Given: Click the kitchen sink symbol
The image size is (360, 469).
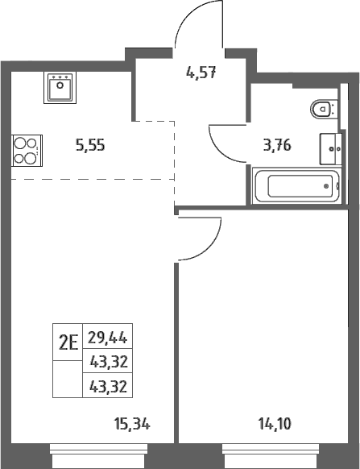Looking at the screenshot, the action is pyautogui.click(x=60, y=88).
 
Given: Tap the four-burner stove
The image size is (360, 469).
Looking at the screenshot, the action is pyautogui.click(x=27, y=151).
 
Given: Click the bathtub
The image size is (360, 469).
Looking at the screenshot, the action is pyautogui.click(x=297, y=185).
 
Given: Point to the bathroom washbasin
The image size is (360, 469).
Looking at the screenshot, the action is pyautogui.click(x=331, y=148).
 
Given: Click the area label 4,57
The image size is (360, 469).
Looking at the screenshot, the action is pyautogui.click(x=201, y=73).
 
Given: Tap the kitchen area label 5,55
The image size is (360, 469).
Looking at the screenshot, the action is pyautogui.click(x=90, y=145).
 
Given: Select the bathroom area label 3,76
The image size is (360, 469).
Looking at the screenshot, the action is pyautogui.click(x=277, y=146).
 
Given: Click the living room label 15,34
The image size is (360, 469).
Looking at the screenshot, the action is pyautogui.click(x=132, y=424).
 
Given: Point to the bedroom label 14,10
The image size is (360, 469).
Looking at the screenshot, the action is pyautogui.click(x=275, y=424).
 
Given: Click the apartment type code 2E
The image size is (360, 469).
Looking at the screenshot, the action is pyautogui.click(x=68, y=342).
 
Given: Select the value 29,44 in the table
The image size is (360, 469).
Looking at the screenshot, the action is pyautogui.click(x=108, y=338).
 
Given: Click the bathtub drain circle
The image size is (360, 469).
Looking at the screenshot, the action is pyautogui.click(x=326, y=186).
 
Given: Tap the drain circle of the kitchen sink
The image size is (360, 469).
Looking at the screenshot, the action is pyautogui.click(x=60, y=85).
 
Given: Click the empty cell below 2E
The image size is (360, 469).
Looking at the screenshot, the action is pyautogui.click(x=68, y=379).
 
